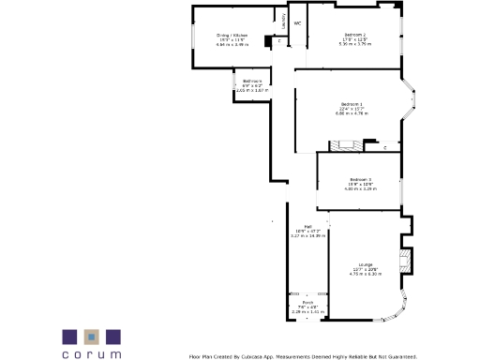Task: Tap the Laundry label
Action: coord(283,19)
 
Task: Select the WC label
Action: coord(297,22)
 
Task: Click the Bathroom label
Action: coord(252,82)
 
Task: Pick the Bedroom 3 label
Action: coord(361,179)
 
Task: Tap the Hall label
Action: coord(307,226)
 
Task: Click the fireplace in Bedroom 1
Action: coord(342,145)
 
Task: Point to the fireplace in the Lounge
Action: coord(405,261)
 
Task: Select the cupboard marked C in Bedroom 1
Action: coord(384,147)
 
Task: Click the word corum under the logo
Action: coord(91,354)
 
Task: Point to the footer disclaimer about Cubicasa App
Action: coord(302,355)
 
